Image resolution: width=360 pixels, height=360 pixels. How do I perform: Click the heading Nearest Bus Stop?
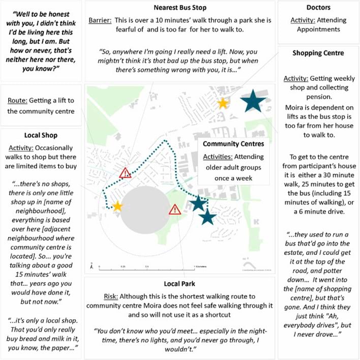(180, 8)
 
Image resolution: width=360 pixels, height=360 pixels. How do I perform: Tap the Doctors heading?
(318, 8)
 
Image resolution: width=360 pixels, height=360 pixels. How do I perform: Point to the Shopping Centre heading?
(318, 53)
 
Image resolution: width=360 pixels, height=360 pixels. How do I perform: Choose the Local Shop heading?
(41, 135)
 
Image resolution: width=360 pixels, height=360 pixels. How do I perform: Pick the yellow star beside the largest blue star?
(223, 104)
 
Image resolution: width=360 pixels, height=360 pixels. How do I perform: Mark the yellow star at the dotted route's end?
(117, 206)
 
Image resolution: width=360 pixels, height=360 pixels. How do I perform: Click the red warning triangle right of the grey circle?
(174, 209)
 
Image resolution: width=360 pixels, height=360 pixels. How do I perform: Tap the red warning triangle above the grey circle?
(125, 173)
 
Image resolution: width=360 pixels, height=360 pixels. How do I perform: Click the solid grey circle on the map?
(145, 210)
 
